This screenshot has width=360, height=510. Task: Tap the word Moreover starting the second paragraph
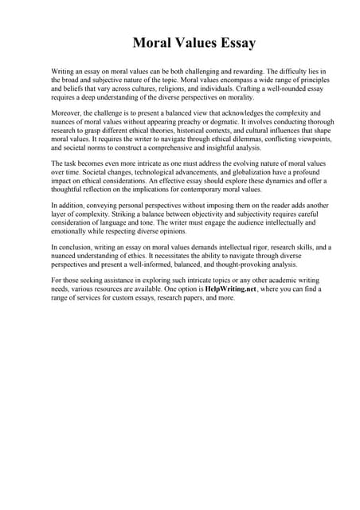[68, 114]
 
